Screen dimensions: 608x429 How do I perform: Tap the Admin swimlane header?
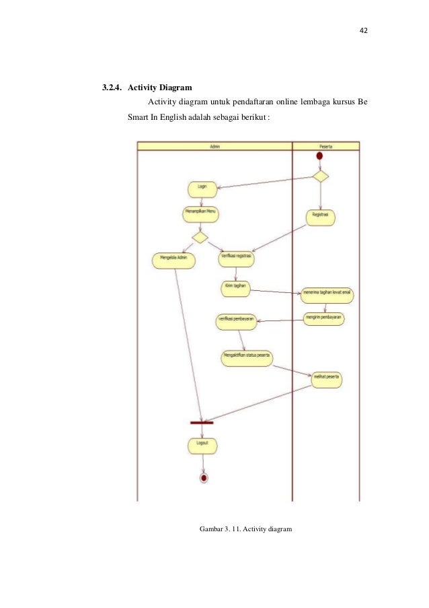pyautogui.click(x=214, y=145)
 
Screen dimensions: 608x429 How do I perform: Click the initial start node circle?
pyautogui.click(x=319, y=156)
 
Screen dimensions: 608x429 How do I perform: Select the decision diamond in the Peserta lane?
pyautogui.click(x=320, y=176)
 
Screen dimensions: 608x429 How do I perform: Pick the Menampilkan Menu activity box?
pyautogui.click(x=201, y=214)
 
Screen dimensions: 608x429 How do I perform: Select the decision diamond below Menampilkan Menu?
pyautogui.click(x=200, y=237)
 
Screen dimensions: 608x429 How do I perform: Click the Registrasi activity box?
pyautogui.click(x=320, y=217)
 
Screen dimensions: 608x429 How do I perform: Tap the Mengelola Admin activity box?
pyautogui.click(x=174, y=260)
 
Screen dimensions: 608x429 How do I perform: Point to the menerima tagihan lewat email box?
pyautogui.click(x=327, y=294)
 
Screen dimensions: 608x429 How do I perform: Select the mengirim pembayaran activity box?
pyautogui.click(x=323, y=318)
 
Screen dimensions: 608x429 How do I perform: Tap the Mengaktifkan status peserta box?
pyautogui.click(x=247, y=357)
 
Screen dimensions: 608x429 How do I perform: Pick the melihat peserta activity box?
pyautogui.click(x=325, y=380)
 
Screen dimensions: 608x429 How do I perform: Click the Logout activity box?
pyautogui.click(x=202, y=445)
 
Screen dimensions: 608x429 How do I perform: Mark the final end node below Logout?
pyautogui.click(x=203, y=477)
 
